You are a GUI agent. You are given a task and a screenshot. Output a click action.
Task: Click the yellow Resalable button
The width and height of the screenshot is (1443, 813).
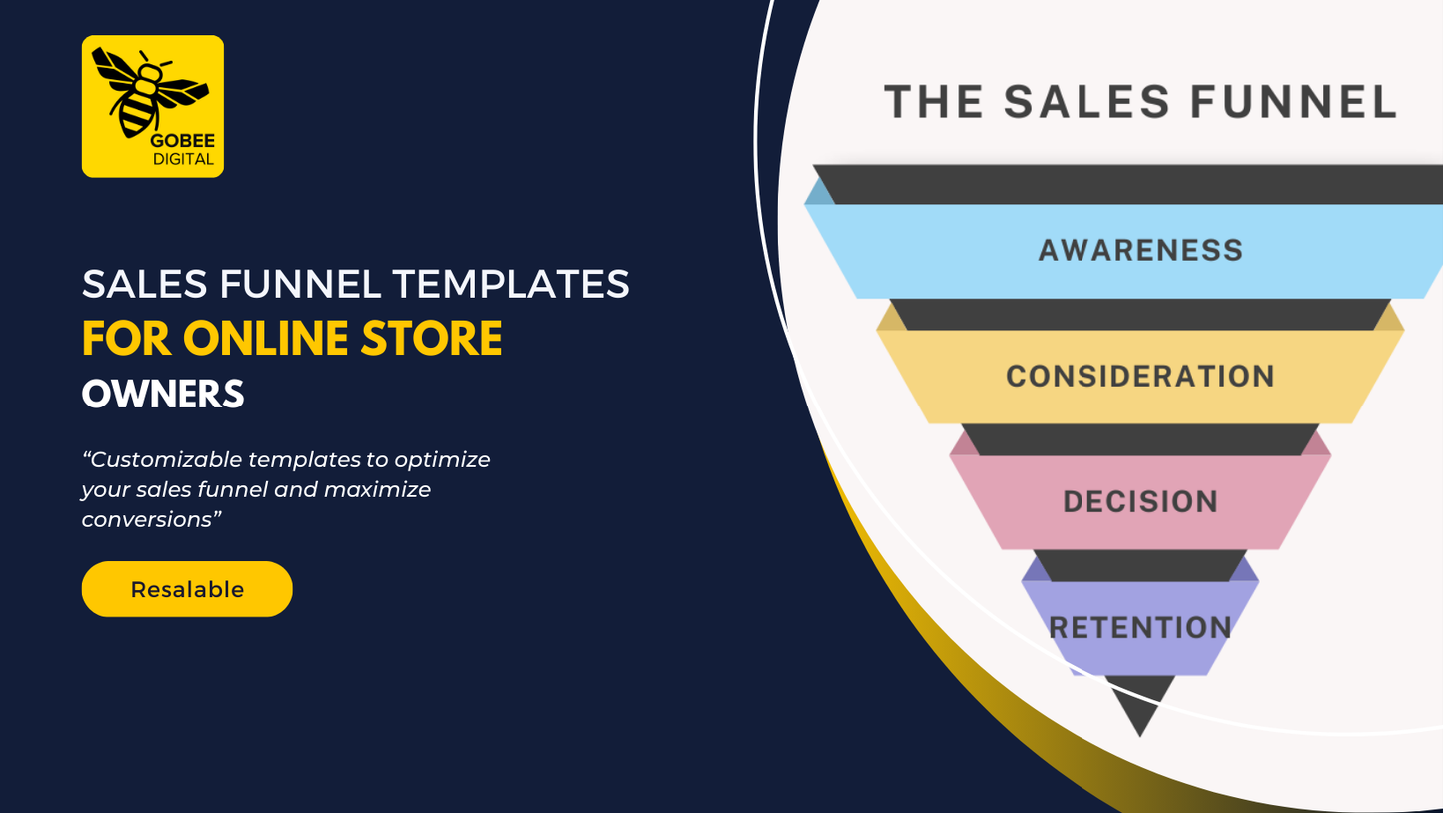187,589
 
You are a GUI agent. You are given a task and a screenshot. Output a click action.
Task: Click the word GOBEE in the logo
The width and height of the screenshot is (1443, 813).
183,141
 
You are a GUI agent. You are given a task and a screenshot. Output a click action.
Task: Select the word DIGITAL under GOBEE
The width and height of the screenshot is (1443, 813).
183,159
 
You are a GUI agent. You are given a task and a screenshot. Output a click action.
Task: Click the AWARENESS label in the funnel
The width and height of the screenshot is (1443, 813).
1140,251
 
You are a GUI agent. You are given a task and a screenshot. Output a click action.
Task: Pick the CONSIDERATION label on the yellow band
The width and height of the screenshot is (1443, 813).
1140,377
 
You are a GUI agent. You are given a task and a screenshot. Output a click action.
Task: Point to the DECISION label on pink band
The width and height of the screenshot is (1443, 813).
1140,501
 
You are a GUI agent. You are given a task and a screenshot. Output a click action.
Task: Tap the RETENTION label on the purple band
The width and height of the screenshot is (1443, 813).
1140,628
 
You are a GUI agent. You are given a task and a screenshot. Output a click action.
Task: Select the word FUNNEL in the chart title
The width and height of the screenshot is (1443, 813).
1293,102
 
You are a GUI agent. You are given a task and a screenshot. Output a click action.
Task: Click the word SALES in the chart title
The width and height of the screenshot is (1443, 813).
1086,102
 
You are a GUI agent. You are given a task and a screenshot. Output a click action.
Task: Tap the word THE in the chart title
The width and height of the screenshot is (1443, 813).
934,102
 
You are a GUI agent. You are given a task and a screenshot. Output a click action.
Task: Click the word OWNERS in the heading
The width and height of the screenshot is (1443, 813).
163,395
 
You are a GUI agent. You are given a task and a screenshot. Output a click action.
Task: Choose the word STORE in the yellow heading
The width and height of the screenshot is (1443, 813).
431,339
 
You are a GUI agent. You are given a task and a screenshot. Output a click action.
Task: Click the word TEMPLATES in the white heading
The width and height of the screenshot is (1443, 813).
511,284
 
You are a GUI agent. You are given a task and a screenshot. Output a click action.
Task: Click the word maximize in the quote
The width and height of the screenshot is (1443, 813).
376,490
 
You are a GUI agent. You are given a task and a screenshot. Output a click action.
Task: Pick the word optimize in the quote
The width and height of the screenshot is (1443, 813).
442,460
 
